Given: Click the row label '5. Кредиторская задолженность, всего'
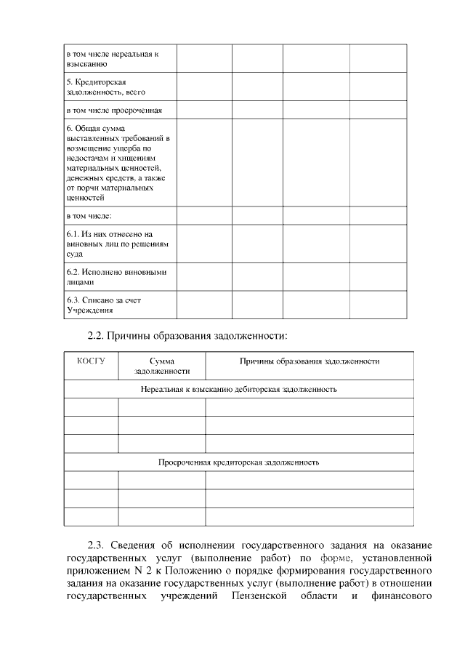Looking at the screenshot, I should (106, 87).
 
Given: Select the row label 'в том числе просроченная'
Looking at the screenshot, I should (114, 111).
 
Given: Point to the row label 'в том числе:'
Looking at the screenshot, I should (89, 216).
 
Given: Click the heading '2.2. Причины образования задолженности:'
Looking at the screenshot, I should (187, 336).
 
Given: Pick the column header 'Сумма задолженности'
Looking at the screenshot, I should (161, 366).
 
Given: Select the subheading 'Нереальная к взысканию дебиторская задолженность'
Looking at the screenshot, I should (238, 389).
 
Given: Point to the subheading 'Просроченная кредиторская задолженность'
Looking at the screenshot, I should (238, 462).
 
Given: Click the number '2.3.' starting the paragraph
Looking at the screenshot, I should (97, 545).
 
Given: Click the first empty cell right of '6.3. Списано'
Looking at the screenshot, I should (204, 305).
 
